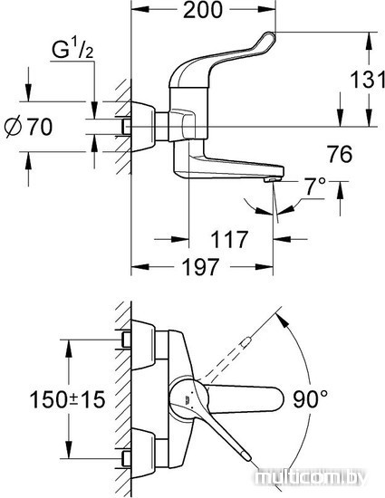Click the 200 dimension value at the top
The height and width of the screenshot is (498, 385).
pos(203,10)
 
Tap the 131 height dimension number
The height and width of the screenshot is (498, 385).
pos(367,80)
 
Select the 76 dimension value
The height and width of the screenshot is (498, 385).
pos(341,154)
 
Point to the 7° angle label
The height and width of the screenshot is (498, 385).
pos(315,186)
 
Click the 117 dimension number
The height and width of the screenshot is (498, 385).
pos(229,239)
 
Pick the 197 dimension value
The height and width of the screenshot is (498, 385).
pos(202,267)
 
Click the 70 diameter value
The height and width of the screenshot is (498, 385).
pos(40,127)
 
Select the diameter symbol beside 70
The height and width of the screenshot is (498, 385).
pos(14,127)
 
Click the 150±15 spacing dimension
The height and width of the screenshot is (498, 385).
pos(67,399)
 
